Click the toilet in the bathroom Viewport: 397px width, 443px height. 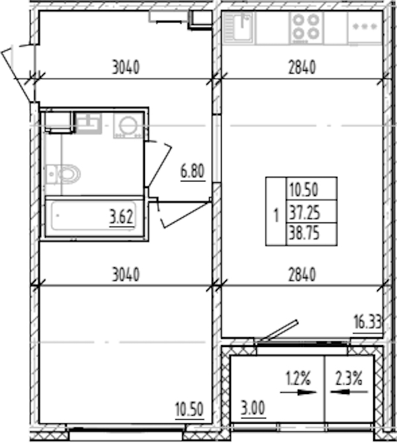pyautogui.click(x=63, y=173)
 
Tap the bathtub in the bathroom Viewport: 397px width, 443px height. pyautogui.click(x=94, y=217)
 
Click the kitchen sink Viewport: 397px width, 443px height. pyautogui.click(x=238, y=28)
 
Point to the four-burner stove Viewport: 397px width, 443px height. pyautogui.click(x=306, y=28)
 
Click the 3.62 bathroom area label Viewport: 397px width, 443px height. pyautogui.click(x=121, y=217)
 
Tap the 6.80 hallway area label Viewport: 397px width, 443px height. pyautogui.click(x=193, y=172)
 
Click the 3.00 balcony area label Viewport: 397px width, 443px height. pyautogui.click(x=253, y=409)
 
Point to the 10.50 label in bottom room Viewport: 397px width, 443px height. pyautogui.click(x=189, y=409)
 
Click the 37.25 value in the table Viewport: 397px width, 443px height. pyautogui.click(x=304, y=213)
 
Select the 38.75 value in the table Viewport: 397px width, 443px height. pyautogui.click(x=304, y=234)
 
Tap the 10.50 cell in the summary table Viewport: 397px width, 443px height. pyautogui.click(x=304, y=189)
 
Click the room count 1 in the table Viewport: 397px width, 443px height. pyautogui.click(x=276, y=215)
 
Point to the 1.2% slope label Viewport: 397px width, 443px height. pyautogui.click(x=298, y=379)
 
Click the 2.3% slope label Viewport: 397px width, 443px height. pyautogui.click(x=349, y=379)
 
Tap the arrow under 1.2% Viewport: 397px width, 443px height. pyautogui.click(x=298, y=392)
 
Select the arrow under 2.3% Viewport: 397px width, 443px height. pyautogui.click(x=349, y=392)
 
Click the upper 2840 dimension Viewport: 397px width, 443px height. pyautogui.click(x=302, y=68)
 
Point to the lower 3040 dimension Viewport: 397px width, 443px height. pyautogui.click(x=126, y=274)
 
